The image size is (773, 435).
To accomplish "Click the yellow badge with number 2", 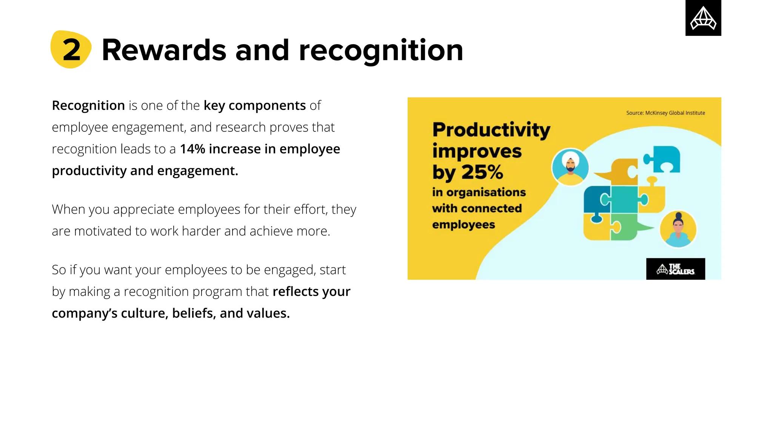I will tap(71, 49).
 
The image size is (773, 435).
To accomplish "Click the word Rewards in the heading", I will tap(164, 50).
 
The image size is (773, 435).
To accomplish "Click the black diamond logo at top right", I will tap(703, 18).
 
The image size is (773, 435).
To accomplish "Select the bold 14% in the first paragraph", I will tap(192, 149).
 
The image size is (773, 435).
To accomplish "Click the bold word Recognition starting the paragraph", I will tap(88, 106).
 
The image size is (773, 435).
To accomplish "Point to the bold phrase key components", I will tap(254, 106).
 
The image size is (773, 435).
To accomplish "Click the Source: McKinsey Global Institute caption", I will tap(665, 113).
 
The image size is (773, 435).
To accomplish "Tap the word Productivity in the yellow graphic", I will tap(491, 130).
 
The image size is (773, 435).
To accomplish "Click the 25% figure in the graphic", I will tap(482, 172).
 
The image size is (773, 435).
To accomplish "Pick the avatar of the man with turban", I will tap(570, 167).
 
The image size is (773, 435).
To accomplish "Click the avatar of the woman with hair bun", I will tap(678, 229).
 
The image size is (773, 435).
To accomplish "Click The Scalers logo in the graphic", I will tap(675, 269).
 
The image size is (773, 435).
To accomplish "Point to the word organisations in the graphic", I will tap(486, 192).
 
